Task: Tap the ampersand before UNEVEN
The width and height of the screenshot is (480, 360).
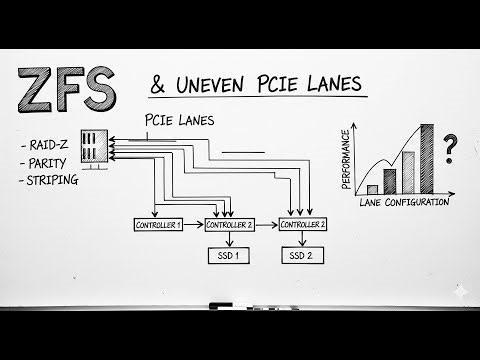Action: point(160,87)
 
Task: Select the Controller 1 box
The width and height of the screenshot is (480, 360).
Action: point(158,225)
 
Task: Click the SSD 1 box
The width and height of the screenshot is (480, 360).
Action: point(230,257)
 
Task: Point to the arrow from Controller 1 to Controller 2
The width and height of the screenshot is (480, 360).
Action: point(194,225)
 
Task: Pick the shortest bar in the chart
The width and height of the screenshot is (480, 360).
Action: point(372,188)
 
